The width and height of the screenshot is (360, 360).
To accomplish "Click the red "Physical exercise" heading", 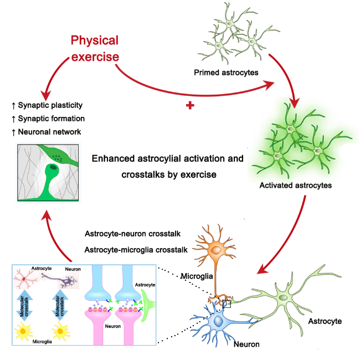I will pyautogui.click(x=94, y=48).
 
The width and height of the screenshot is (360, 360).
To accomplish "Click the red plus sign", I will pyautogui.click(x=190, y=105).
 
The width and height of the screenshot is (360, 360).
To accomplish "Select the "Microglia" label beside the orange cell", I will pyautogui.click(x=197, y=276).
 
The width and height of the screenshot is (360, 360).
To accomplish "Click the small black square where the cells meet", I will pyautogui.click(x=226, y=303).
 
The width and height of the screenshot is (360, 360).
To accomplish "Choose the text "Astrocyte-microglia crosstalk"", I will pyautogui.click(x=136, y=250).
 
